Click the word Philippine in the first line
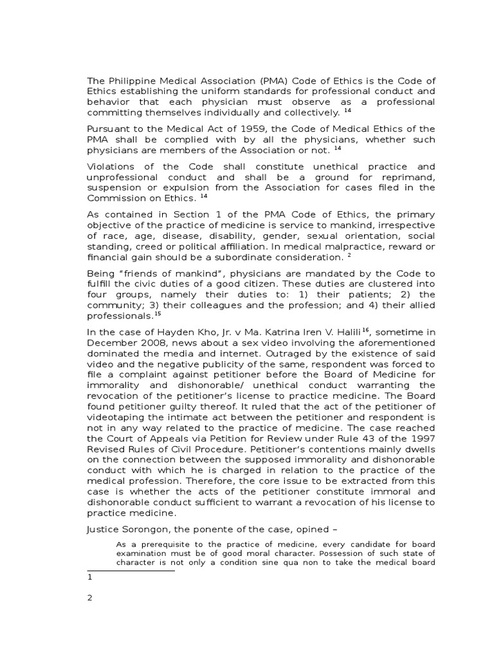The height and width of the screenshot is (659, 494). pyautogui.click(x=127, y=80)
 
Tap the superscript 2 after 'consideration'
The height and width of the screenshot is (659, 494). pyautogui.click(x=349, y=255)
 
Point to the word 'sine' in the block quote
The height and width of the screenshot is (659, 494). pyautogui.click(x=293, y=562)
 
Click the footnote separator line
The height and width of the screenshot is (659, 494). pyautogui.click(x=131, y=570)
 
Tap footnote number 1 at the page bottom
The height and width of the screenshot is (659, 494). pyautogui.click(x=89, y=577)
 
